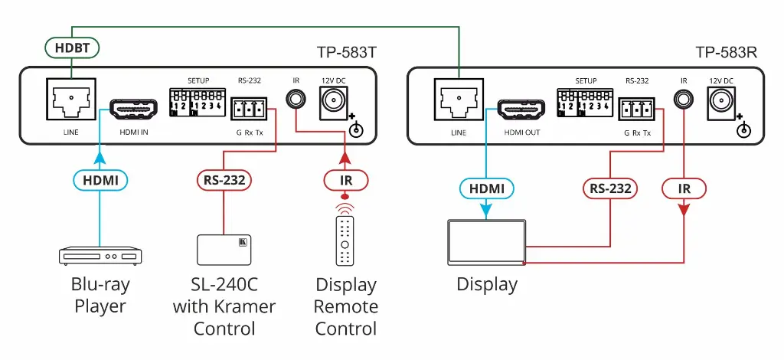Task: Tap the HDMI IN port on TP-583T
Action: click(133, 110)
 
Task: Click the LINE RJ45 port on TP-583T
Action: click(70, 99)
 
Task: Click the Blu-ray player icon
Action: click(100, 255)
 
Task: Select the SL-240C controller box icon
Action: click(224, 250)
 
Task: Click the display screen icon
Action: click(486, 242)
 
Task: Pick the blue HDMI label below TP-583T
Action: click(100, 180)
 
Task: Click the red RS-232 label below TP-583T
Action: click(224, 180)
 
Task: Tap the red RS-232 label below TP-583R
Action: click(610, 188)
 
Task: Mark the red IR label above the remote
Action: click(346, 180)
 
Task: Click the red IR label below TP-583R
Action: click(684, 188)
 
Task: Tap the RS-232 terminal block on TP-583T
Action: click(249, 108)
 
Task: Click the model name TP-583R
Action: click(727, 52)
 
